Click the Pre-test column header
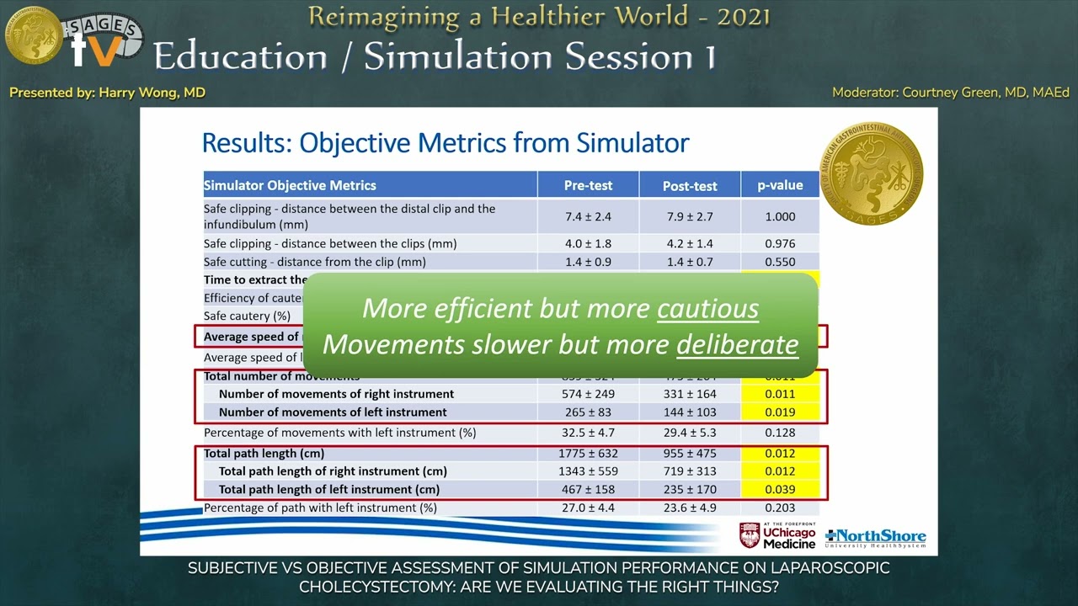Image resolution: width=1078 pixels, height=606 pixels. coord(588,185)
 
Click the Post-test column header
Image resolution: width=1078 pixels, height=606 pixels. coord(689,185)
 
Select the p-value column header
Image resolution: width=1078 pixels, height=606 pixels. coord(780,185)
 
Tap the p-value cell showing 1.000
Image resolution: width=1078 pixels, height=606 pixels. coord(780,216)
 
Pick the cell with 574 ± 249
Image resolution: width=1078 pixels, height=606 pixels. coord(588,394)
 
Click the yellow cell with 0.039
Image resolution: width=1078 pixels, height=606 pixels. coord(780,489)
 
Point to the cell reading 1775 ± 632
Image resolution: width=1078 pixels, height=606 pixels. coord(588,454)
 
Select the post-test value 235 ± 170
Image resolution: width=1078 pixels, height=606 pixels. coord(689,489)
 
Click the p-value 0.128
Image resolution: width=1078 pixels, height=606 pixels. coord(780,433)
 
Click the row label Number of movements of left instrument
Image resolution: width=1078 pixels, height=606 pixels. coord(333,412)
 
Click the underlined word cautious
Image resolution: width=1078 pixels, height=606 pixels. coord(707,309)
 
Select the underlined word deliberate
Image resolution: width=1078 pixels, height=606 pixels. coord(737,344)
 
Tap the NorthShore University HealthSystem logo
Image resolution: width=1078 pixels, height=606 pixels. coord(876,537)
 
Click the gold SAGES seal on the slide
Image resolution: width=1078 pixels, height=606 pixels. coord(871,173)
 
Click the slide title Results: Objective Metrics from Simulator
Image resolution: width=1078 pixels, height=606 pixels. coord(446,143)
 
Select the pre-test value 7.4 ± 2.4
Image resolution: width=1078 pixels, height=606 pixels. coord(588,216)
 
